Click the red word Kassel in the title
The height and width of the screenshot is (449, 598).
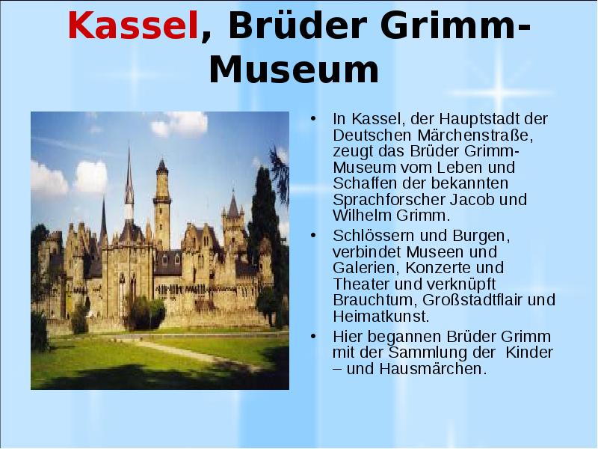click(x=133, y=27)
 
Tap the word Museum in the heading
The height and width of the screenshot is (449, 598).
click(x=294, y=69)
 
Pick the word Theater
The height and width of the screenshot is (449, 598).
click(x=360, y=284)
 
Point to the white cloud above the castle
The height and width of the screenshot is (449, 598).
click(x=179, y=123)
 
